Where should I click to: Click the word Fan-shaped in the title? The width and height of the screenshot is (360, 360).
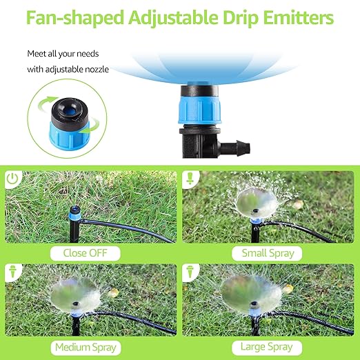[75, 18]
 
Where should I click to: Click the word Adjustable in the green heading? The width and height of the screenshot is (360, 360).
[174, 18]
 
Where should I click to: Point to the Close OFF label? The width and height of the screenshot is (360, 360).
[86, 253]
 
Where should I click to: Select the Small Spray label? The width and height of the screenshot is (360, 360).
[268, 253]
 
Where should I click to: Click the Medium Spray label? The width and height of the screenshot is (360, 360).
[86, 348]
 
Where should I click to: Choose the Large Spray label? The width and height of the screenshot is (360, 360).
[267, 347]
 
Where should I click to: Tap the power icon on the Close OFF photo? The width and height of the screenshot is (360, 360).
[12, 179]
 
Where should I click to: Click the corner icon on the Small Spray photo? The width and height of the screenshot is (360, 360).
[190, 178]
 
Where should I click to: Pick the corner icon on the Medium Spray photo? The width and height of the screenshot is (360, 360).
[12, 271]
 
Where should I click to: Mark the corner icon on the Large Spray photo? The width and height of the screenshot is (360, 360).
[190, 271]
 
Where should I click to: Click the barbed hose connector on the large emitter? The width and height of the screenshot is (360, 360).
[235, 146]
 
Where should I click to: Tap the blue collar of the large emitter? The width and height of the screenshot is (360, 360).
[200, 110]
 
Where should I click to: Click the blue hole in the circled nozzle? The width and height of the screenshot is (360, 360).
[71, 112]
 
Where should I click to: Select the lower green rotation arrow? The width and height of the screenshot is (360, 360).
[91, 127]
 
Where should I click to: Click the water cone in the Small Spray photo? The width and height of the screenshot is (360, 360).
[257, 203]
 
